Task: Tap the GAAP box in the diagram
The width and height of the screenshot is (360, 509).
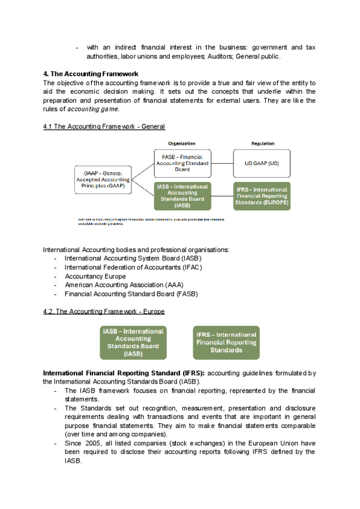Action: (x=103, y=179)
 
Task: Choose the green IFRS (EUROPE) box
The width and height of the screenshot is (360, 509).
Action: (x=262, y=196)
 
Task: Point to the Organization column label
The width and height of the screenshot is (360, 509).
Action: (x=182, y=143)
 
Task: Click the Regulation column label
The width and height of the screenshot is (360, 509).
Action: (x=263, y=143)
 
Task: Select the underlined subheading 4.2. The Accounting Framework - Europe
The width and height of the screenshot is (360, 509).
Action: (x=104, y=312)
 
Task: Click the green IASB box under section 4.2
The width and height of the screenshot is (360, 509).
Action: (x=133, y=343)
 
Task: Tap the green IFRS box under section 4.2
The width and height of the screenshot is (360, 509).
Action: (x=227, y=343)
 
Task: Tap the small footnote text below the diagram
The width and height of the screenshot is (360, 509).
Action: (x=150, y=221)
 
